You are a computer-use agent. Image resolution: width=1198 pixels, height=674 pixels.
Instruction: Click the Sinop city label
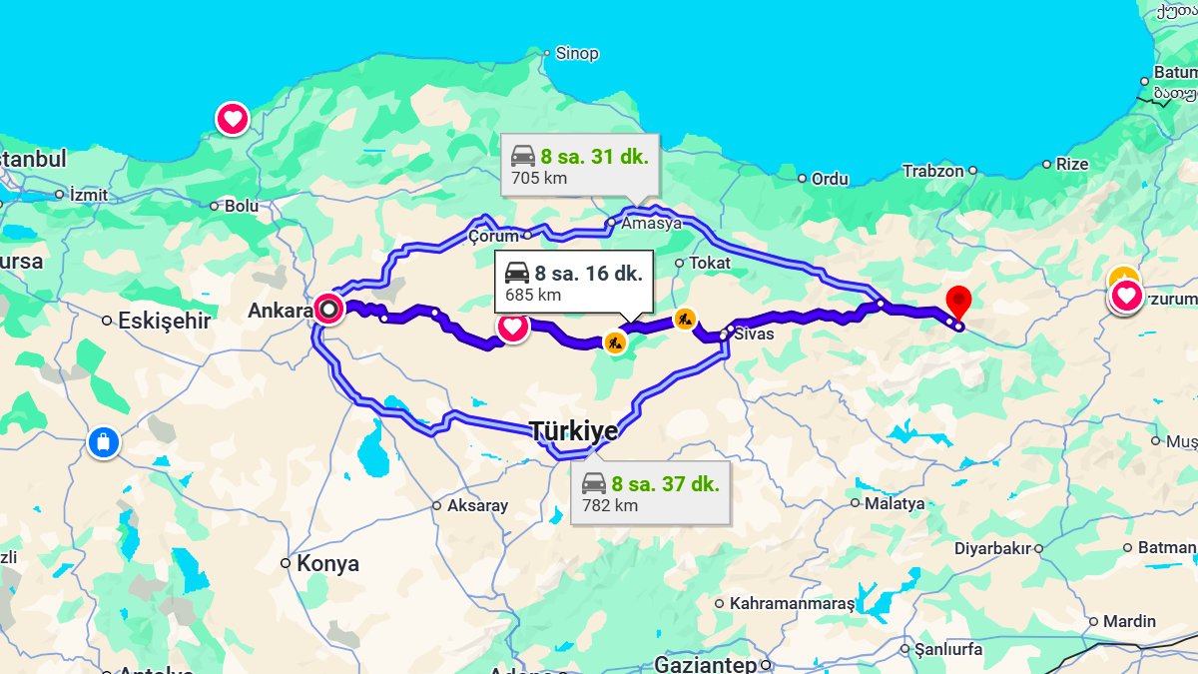576,53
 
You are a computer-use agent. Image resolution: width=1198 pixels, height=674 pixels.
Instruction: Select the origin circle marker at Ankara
327,310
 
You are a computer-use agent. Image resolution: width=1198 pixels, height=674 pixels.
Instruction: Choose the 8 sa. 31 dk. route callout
579,166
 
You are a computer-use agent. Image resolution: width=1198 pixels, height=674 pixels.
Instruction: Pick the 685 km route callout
573,283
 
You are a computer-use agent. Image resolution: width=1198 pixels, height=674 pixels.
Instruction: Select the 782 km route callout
655,493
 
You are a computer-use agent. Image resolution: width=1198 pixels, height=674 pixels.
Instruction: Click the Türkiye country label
573,431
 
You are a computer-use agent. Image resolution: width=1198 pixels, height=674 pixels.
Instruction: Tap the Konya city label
327,563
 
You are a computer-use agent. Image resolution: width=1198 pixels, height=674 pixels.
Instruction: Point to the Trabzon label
933,171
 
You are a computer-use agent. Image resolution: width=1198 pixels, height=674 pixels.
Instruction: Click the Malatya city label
895,503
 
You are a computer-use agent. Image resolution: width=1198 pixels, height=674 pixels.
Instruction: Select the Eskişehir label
164,321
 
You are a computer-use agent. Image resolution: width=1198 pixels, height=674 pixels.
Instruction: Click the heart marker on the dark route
513,327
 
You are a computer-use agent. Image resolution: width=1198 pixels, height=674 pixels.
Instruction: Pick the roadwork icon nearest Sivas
685,320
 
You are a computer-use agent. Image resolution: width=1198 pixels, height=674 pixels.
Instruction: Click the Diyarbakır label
992,548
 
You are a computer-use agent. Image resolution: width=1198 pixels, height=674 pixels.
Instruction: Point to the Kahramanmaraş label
792,603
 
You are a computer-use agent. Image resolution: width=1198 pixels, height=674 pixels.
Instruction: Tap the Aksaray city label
477,505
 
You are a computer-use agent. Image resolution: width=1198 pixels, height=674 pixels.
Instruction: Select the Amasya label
651,223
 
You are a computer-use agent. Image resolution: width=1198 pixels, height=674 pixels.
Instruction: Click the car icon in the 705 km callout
523,156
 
